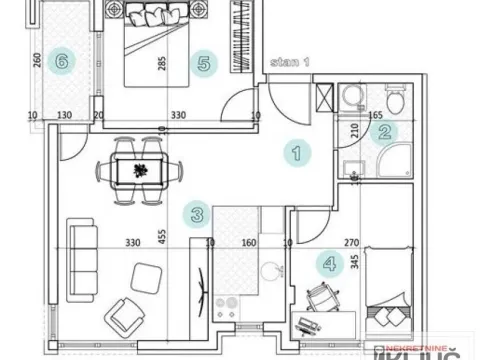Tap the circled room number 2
point(386,130)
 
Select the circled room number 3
point(198,213)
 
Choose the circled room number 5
point(205,62)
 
